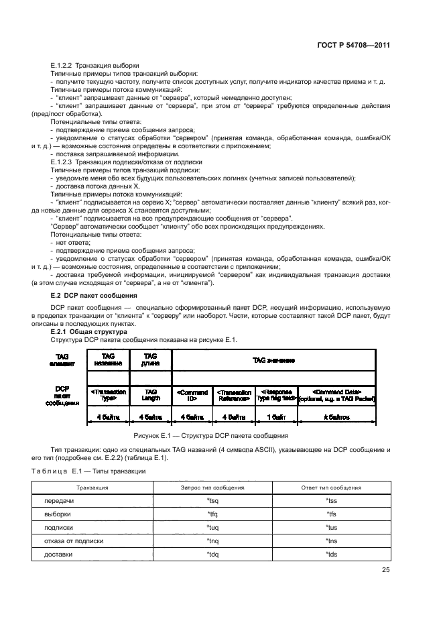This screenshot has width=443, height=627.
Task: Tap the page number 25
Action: tap(385, 570)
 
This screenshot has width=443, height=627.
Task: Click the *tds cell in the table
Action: tap(331, 555)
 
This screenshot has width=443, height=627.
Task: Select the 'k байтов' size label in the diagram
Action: tap(336, 416)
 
